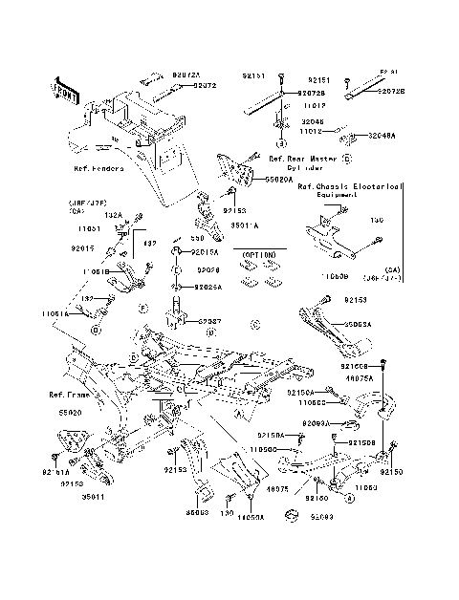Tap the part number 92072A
pyautogui.click(x=187, y=73)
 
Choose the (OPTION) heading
pyautogui.click(x=258, y=255)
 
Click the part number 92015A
pyautogui.click(x=205, y=252)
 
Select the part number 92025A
pyautogui.click(x=208, y=287)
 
